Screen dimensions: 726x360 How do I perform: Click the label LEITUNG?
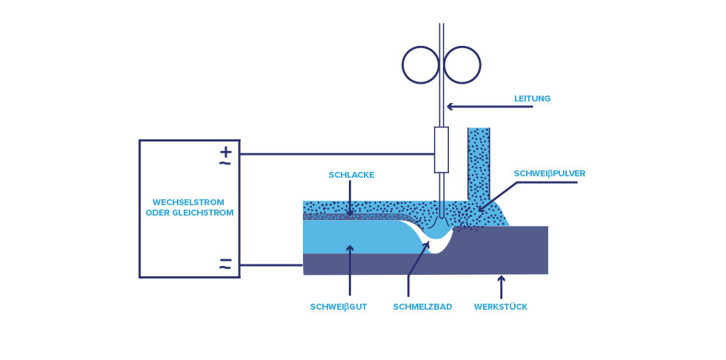pos(532,99)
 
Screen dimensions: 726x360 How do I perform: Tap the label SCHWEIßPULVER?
pos(550,173)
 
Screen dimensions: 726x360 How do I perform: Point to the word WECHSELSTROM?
pos(188,202)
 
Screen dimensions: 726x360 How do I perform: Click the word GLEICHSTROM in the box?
pos(202,213)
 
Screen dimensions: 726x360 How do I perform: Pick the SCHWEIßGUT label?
pos(339,307)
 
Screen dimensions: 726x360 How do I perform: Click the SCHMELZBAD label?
pos(422,307)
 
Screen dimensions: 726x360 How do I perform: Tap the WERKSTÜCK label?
pos(501,307)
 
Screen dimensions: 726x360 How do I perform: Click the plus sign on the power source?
pos(225,151)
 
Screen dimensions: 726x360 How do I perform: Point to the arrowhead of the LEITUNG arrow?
pos(450,107)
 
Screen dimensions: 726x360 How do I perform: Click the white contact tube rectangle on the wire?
pos(442,150)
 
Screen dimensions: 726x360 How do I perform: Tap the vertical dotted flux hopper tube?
pos(479,164)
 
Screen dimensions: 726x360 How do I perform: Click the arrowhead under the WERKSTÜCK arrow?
pos(501,279)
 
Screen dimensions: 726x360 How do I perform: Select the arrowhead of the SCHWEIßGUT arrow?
pos(350,248)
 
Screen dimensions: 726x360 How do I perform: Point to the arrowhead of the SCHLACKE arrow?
pos(350,213)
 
